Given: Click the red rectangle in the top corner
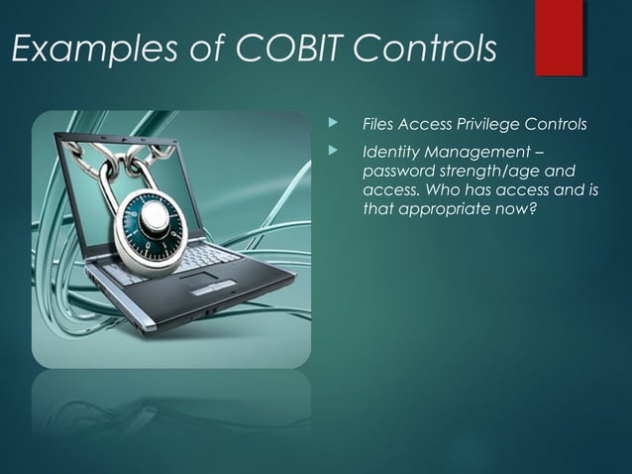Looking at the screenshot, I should [559, 38].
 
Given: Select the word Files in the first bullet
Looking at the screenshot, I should [377, 124].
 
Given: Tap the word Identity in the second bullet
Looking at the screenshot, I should [391, 153].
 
